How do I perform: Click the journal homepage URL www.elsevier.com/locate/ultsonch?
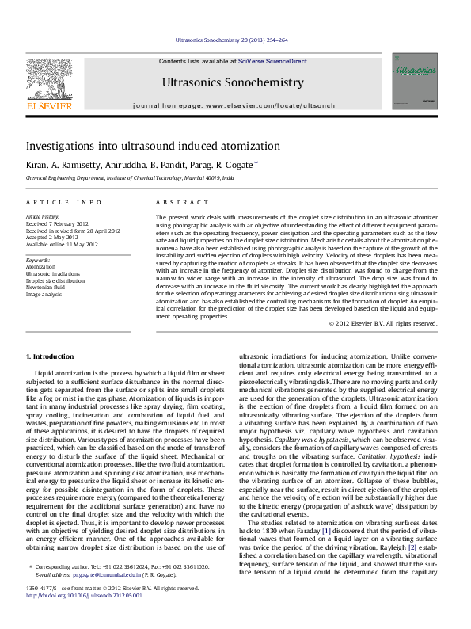[x=281, y=105]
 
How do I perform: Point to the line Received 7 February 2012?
[x=59, y=223]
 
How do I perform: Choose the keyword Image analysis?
[x=45, y=294]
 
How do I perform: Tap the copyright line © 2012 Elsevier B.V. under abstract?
[x=382, y=323]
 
